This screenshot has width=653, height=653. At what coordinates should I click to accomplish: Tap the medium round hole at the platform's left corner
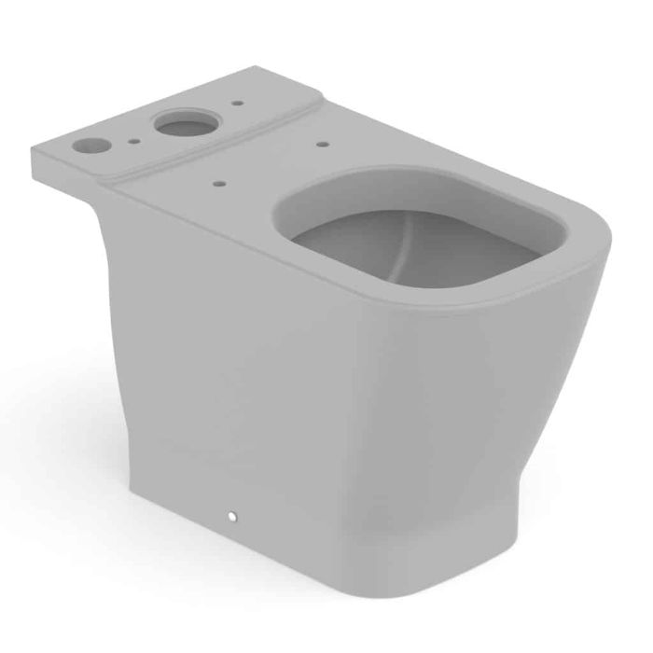point(91,145)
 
